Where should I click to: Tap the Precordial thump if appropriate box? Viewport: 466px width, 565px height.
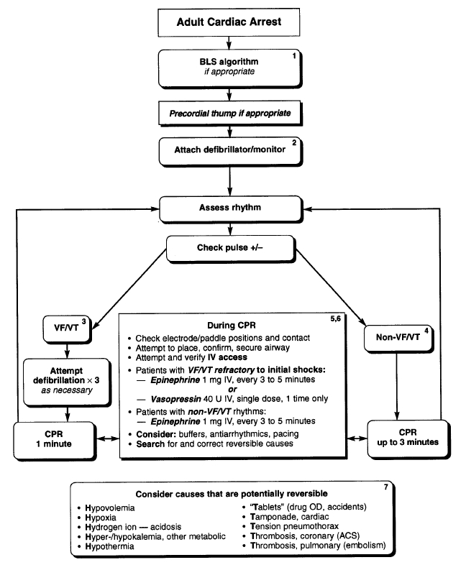[x=229, y=114]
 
